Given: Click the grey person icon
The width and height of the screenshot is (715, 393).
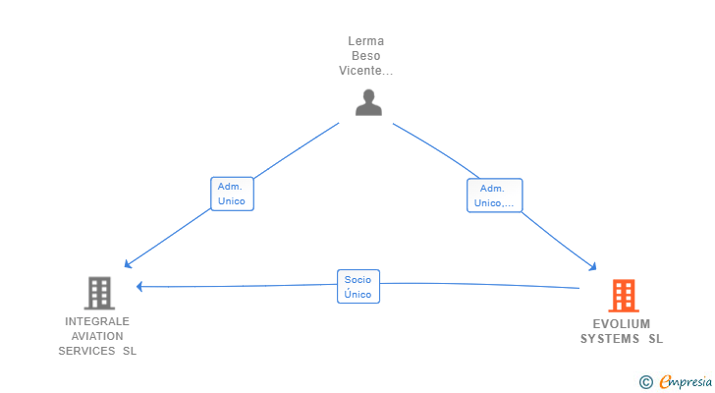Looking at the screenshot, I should coord(368,102).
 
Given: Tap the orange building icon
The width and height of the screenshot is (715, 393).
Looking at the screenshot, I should coord(623,295).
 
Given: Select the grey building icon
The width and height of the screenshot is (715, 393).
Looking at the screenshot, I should coord(98,292).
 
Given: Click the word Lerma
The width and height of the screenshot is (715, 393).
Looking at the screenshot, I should coord(365,41).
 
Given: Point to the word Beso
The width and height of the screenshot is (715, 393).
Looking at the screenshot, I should coord(365,56).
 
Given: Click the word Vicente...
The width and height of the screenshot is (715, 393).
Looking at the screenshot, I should coord(362,71).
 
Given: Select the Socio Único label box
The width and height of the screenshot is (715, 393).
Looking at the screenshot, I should coord(357,287).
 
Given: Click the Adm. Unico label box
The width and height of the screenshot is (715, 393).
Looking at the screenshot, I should coord(232,194).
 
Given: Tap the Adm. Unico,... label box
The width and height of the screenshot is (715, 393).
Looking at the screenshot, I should coord(494,196).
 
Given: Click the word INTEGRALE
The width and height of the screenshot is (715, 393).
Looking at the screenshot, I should coord(97,321).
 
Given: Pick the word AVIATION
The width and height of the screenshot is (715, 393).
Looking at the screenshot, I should coord(97,336).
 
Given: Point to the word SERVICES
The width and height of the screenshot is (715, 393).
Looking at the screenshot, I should coord(86,351).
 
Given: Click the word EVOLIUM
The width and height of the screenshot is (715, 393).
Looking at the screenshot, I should coord(622,324).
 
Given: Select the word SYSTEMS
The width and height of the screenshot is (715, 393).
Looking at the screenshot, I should coord(610,339).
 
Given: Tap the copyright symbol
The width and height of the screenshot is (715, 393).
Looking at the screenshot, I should coord(645,382).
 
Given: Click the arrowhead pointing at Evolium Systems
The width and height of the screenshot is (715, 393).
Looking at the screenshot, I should coord(593,266).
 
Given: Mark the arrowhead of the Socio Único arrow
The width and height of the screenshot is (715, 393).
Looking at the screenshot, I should coord(140,287).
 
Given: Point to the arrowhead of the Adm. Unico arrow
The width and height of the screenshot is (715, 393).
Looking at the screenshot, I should coord(127,264).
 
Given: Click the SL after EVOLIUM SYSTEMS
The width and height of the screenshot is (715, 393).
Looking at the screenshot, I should coord(655,339).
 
